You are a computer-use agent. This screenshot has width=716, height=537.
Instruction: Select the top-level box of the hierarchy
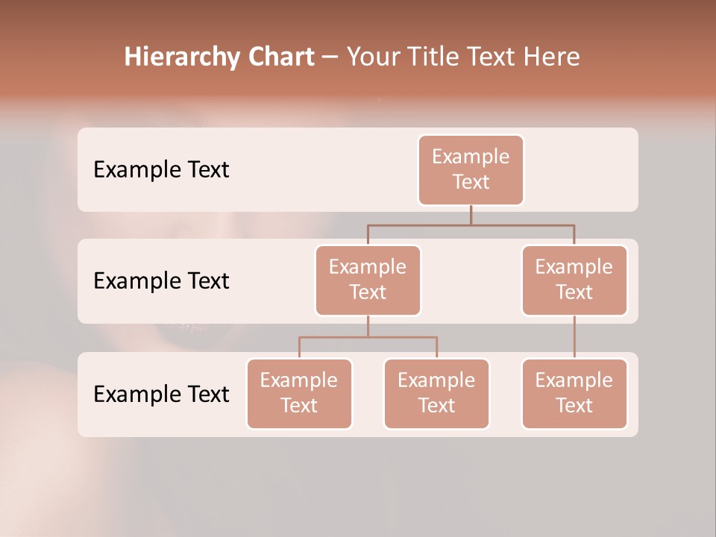471,169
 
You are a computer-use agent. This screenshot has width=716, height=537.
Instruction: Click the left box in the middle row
368,280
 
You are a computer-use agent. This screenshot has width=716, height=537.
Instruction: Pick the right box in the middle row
574,280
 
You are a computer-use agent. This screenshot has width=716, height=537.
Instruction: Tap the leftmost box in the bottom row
299,393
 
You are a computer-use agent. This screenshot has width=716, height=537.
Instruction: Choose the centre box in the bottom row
436,393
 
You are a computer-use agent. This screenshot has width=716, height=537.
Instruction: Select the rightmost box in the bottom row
574,393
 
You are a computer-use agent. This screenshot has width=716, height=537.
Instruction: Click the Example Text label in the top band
161,169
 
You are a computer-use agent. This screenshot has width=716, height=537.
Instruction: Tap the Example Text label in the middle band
161,280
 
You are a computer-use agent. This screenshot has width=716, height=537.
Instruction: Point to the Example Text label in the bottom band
161,394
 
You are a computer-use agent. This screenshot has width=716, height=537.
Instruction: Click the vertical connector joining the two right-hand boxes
574,337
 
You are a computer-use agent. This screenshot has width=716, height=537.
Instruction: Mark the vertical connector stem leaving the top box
471,215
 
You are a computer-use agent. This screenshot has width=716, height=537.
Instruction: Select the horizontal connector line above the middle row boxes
471,224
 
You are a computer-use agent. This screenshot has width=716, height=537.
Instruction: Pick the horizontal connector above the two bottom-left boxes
368,337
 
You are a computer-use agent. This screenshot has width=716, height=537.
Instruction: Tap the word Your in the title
373,57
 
